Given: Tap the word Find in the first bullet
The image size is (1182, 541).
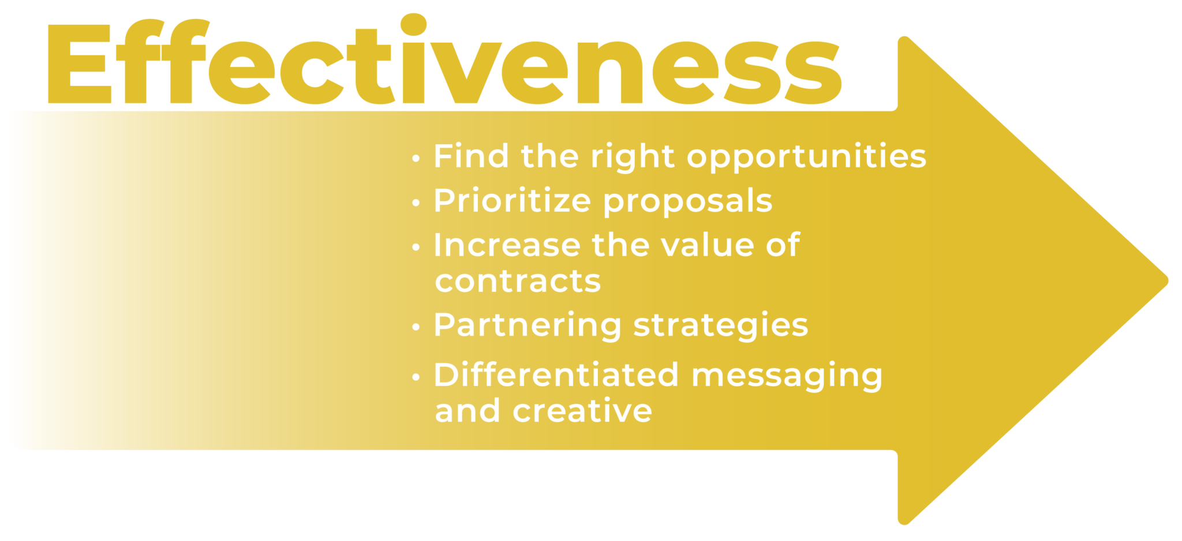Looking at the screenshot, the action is tap(471, 156).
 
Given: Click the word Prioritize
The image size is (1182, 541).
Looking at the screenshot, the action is tap(513, 200).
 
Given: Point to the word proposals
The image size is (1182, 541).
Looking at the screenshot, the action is tap(688, 202).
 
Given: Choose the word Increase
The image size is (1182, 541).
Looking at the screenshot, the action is tap(507, 245).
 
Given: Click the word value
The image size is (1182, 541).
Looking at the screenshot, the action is tap(707, 245).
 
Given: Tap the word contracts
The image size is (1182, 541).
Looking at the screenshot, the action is tap(518, 281).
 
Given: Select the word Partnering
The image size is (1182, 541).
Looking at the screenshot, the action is tap(528, 326).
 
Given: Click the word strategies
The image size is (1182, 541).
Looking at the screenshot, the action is tap(721, 326).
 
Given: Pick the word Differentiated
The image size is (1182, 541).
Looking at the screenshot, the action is tap(556, 374).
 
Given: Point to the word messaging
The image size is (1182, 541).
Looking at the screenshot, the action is tap(787, 377).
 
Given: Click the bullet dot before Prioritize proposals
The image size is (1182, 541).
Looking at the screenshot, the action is tap(416, 202).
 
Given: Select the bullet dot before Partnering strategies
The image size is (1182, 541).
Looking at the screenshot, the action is tap(416, 327).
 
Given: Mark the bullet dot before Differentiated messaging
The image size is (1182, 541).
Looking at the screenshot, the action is tap(416, 377).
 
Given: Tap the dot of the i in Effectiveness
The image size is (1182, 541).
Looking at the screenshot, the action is tap(413, 25).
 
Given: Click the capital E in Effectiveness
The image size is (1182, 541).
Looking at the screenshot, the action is tap(80, 64).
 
